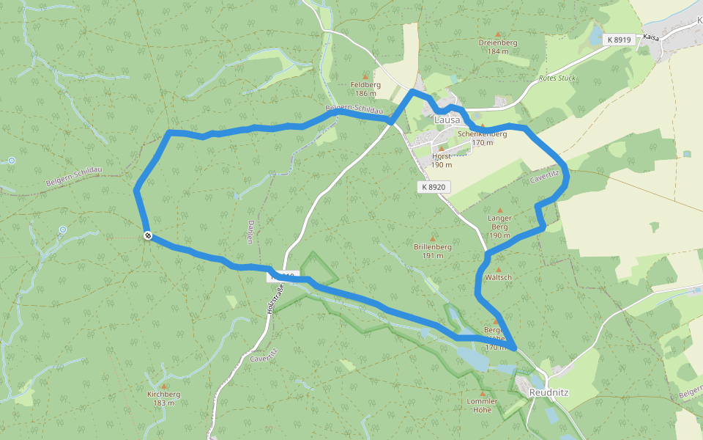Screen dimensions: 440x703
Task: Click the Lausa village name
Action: pos(447,120)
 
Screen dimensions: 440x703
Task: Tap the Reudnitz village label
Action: pos(548,392)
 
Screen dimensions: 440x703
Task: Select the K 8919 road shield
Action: pos(619,39)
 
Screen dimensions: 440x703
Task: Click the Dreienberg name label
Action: pos(498,43)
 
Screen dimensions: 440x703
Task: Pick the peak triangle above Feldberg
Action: pos(365,75)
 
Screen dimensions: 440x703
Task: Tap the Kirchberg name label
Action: pos(163,394)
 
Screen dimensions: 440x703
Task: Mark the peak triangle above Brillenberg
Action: pos(432,238)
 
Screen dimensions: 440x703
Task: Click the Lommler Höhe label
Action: pos(483,406)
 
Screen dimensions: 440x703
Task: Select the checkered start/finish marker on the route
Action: pos(148,235)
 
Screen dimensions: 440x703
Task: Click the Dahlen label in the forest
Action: pos(250,232)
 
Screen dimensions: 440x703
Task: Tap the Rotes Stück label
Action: pos(557,78)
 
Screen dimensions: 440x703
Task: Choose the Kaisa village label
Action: pos(651,36)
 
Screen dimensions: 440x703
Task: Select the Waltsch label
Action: pos(498,277)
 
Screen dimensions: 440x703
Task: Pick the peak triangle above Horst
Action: pos(442,147)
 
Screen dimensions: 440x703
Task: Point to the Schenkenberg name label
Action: pos(482,134)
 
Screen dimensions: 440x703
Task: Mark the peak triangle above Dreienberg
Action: pos(498,34)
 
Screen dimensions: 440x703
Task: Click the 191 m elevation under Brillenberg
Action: pos(432,256)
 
